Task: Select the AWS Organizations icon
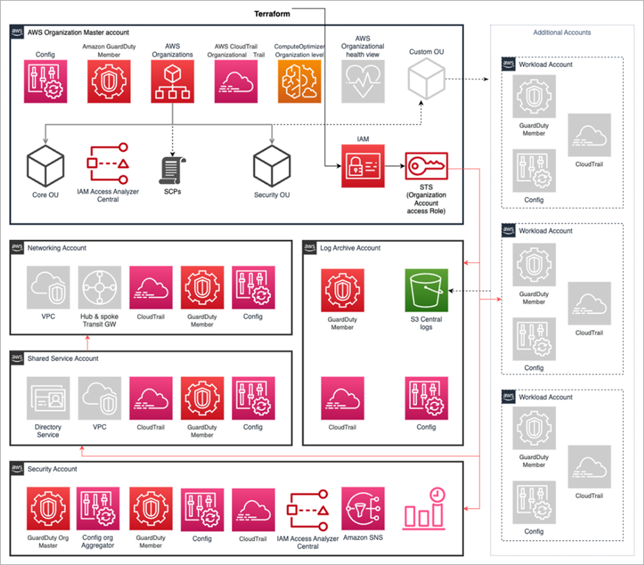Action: coord(172,81)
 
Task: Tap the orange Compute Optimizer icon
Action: coord(298,81)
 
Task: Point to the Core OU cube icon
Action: coord(45,166)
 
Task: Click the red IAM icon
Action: coord(362,166)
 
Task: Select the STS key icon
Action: coord(426,166)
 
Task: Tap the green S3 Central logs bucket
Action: coord(426,290)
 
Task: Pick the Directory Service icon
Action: coord(48,398)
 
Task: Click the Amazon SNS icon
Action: coord(362,508)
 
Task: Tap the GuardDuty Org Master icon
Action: coord(48,508)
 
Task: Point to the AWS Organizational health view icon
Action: coord(362,81)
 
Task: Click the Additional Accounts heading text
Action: coord(562,33)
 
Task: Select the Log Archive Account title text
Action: coord(350,248)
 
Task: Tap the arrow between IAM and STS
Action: coord(394,167)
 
